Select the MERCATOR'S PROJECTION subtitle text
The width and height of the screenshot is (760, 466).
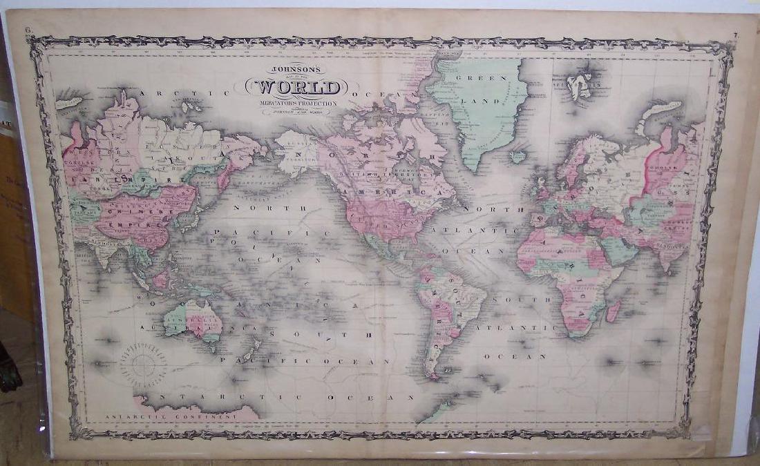[298, 104]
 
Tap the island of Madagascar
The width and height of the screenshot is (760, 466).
[614, 310]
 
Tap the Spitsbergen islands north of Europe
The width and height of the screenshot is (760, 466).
[579, 86]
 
